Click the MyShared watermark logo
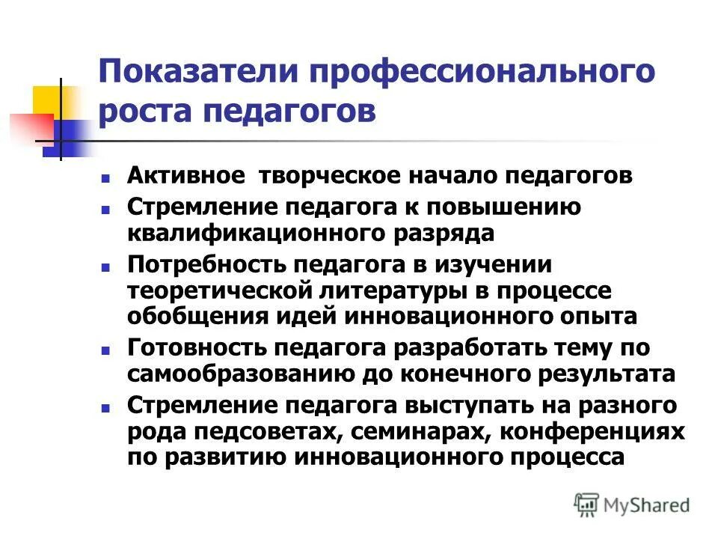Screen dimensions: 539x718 click(x=632, y=505)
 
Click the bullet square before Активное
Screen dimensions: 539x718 click(x=105, y=179)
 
